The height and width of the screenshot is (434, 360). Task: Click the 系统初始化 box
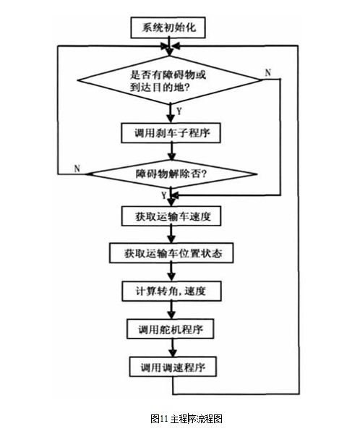[x=168, y=27]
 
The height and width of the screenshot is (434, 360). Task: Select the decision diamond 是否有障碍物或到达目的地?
[x=169, y=80]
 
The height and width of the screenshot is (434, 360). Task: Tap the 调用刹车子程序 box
[x=171, y=133]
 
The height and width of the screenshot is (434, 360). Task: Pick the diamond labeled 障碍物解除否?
[x=171, y=174]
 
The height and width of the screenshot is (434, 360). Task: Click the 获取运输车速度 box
[x=171, y=216]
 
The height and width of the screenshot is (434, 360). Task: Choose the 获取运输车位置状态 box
[x=171, y=253]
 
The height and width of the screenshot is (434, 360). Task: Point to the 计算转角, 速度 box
[x=171, y=292]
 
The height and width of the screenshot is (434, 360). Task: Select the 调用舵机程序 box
[x=171, y=329]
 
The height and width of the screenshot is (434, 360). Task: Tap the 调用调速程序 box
[x=173, y=367]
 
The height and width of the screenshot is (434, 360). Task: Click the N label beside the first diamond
[x=267, y=72]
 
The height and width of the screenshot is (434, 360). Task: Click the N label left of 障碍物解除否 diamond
[x=77, y=169]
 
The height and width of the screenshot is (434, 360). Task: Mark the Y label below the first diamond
[x=179, y=111]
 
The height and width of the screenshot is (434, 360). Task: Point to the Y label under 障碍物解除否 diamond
[x=164, y=195]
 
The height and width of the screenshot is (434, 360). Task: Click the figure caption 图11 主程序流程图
[x=187, y=419]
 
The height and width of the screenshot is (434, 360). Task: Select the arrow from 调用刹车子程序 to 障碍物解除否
[x=172, y=152]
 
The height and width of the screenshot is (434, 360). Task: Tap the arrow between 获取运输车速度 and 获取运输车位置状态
[x=171, y=234]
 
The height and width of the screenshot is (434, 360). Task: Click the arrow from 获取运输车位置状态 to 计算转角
[x=171, y=272]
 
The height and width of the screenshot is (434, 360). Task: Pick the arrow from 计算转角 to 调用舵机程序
[x=171, y=310]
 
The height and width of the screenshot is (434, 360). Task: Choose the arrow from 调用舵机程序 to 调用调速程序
[x=173, y=348]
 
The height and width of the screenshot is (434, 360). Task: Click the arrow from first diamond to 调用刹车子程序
[x=171, y=114]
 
